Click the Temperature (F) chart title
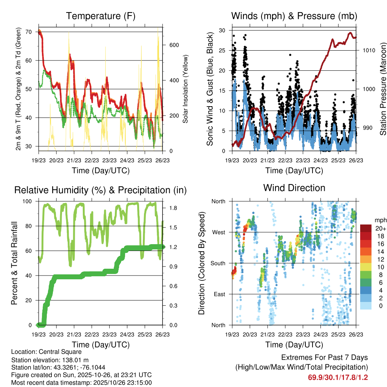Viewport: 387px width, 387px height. [x=101, y=16]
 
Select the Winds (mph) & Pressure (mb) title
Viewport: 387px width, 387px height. [x=294, y=16]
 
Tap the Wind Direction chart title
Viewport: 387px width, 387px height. [x=294, y=188]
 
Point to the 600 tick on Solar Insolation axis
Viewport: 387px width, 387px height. [x=173, y=45]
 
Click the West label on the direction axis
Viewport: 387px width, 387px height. [x=218, y=232]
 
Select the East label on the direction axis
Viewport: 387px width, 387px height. [x=219, y=294]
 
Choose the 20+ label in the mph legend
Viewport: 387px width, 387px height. [x=381, y=228]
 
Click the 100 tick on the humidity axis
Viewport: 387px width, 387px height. [x=29, y=201]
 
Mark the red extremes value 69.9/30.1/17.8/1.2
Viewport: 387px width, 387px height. [x=338, y=377]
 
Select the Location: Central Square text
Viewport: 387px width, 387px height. [x=46, y=352]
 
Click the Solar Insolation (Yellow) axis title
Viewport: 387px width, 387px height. [x=186, y=89]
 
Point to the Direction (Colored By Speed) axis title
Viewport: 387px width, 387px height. [x=202, y=263]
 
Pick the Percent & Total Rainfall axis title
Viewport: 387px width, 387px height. [x=14, y=263]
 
